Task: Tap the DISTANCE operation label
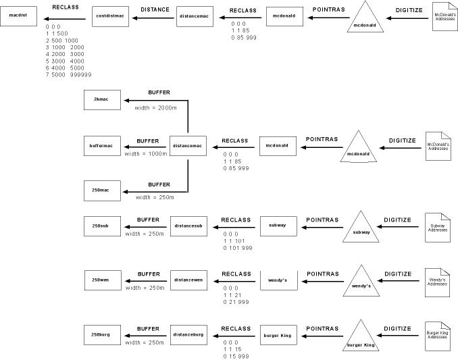coord(155,10)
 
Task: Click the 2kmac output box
coord(101,99)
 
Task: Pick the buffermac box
coord(101,146)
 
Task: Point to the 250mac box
coord(101,191)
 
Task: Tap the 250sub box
coord(101,225)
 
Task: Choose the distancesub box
coord(188,225)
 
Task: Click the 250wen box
coord(101,280)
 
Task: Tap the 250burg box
coord(101,334)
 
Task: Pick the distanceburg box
coord(188,334)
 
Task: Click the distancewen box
coord(188,280)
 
